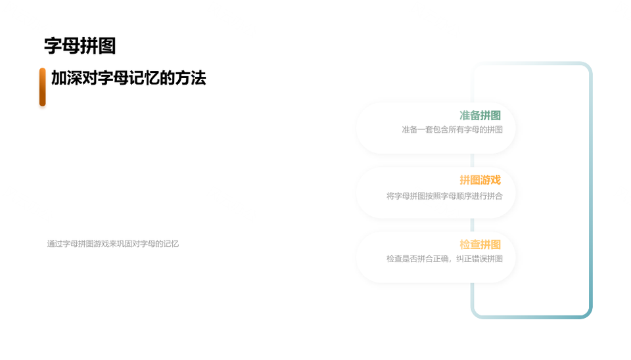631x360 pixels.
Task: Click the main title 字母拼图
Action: [80, 45]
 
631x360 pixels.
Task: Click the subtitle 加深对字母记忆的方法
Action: [128, 78]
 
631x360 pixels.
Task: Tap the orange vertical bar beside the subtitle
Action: [42, 87]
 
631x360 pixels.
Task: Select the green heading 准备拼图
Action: [480, 116]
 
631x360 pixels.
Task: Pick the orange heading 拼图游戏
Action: [480, 180]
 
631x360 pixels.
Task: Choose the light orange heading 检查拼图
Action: [480, 244]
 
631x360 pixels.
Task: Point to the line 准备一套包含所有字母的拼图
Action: [452, 129]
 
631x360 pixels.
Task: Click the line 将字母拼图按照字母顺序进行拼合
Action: [445, 196]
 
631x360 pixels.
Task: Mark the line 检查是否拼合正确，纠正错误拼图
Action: [445, 259]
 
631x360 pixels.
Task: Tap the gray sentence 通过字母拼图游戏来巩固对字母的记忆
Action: [112, 244]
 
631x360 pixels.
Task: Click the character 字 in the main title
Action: [53, 45]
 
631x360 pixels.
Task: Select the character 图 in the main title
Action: [107, 45]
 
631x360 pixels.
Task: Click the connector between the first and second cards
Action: [473, 160]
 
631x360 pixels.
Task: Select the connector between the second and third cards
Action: [473, 225]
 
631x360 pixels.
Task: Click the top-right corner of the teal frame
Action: [588, 66]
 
